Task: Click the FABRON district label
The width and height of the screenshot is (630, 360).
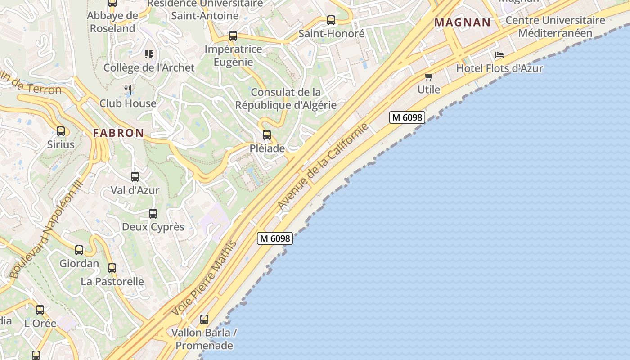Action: [118, 133]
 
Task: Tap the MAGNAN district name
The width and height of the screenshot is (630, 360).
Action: [462, 22]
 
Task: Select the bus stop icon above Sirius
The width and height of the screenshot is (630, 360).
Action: [61, 131]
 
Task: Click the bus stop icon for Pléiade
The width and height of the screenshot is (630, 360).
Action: [267, 135]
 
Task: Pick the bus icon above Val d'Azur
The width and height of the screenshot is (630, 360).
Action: [135, 177]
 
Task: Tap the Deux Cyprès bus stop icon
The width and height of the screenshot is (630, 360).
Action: [153, 214]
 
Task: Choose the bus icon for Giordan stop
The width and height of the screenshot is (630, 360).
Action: [79, 250]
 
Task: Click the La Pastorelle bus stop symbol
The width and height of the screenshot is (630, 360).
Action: [112, 268]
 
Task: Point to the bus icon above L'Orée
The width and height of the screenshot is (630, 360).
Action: [40, 310]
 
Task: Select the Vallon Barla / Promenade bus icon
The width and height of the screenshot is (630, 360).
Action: [204, 319]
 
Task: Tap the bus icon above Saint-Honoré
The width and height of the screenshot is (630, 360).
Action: [331, 20]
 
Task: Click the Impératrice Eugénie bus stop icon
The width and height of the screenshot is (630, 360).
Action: [233, 36]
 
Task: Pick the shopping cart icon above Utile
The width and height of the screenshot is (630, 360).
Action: [429, 77]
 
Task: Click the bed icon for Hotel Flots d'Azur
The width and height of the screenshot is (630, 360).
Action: [499, 55]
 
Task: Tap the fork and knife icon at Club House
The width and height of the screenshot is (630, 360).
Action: [128, 90]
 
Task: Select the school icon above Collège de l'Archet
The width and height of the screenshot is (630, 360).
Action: [149, 54]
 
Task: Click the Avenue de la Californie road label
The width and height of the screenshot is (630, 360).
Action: [323, 166]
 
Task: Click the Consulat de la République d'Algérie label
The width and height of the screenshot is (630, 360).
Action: [286, 99]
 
